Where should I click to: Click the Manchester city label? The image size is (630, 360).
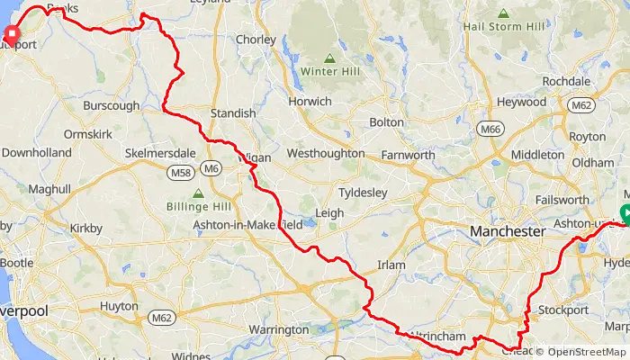(x=508, y=232)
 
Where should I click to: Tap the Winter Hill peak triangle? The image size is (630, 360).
(x=330, y=58)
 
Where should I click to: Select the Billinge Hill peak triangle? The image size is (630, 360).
(x=198, y=193)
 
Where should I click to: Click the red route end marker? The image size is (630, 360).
(x=13, y=36)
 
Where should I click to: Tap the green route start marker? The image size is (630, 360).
(x=625, y=213)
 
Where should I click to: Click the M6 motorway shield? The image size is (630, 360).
(x=211, y=168)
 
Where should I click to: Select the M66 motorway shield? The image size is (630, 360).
(x=490, y=130)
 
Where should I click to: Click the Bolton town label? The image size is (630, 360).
(x=387, y=122)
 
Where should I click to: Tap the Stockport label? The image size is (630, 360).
(x=562, y=310)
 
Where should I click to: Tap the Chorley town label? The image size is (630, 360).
(x=256, y=40)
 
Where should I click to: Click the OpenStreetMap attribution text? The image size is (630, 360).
(x=580, y=352)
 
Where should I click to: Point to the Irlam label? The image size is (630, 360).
(x=392, y=265)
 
